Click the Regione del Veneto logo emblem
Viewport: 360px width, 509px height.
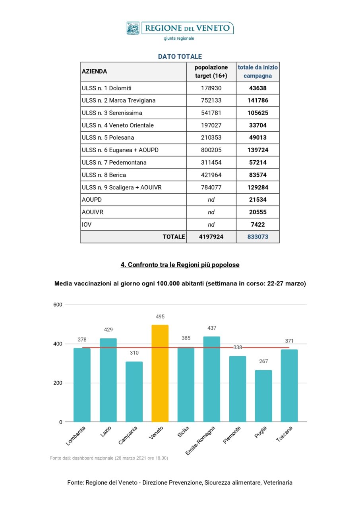tap(133, 28)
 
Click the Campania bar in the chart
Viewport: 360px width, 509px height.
tap(134, 391)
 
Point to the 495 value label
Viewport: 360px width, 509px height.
tap(160, 317)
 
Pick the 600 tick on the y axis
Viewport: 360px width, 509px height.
tap(58, 305)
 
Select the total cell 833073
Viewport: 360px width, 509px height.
tap(258, 237)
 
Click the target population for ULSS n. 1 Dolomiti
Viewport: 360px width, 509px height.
tap(211, 88)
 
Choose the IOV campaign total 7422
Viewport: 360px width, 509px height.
tap(258, 224)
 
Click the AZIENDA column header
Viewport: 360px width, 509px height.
tap(94, 72)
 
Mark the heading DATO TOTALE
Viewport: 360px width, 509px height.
tap(180, 57)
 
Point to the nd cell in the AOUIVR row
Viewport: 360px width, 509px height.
tap(211, 212)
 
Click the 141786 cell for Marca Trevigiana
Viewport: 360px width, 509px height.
tap(258, 101)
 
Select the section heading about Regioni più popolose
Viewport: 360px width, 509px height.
tap(180, 264)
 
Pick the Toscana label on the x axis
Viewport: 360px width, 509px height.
tap(285, 435)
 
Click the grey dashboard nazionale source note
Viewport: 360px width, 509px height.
tap(109, 458)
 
